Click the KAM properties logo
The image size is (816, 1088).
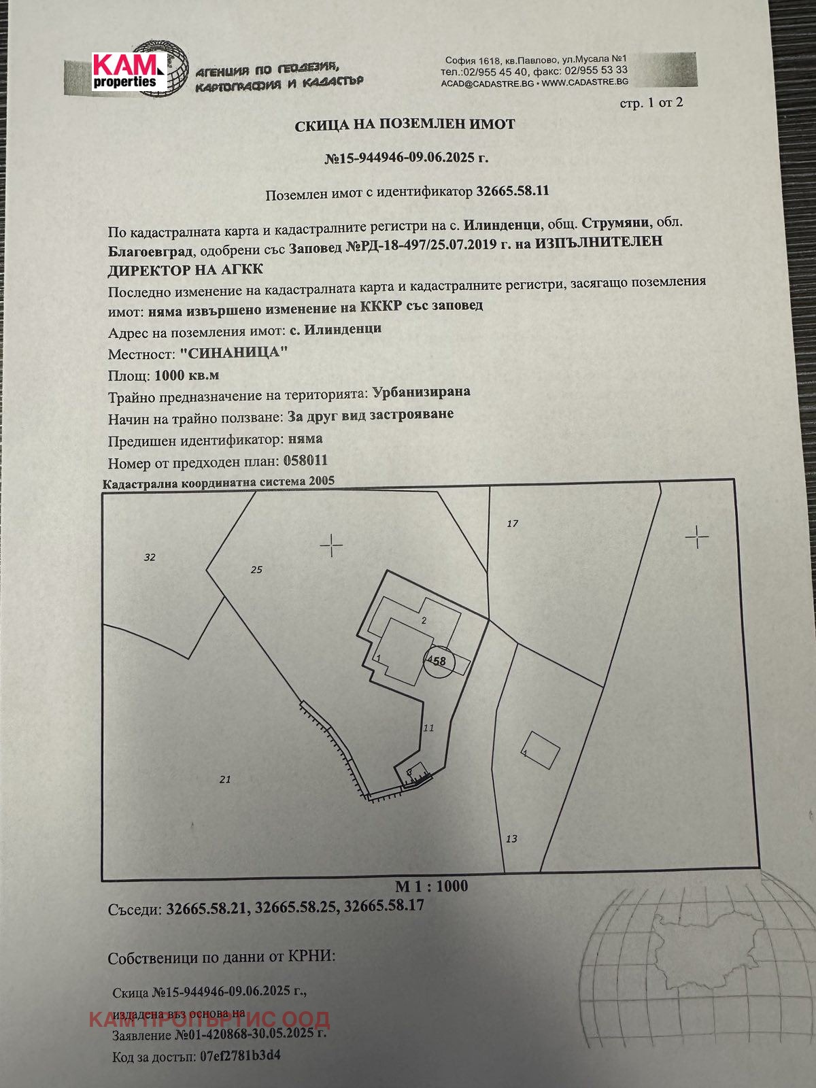click(130, 71)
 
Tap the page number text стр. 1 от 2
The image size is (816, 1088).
click(651, 103)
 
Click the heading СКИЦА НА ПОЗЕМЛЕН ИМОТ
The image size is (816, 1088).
click(405, 125)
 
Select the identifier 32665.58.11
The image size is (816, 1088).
click(512, 191)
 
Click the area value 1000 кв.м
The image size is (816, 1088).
click(187, 375)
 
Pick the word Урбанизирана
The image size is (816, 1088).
click(421, 392)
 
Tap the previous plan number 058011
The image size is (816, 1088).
click(305, 461)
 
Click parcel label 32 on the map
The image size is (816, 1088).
click(150, 558)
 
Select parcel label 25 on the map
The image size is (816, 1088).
click(256, 570)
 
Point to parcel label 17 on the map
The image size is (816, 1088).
click(512, 524)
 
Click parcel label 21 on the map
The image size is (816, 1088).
click(225, 780)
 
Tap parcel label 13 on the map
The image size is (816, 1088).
click(511, 838)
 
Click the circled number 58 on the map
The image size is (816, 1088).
click(437, 661)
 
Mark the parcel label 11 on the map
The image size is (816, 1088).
click(428, 728)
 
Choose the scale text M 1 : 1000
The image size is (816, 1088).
click(431, 886)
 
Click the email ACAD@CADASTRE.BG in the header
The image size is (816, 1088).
click(487, 83)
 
